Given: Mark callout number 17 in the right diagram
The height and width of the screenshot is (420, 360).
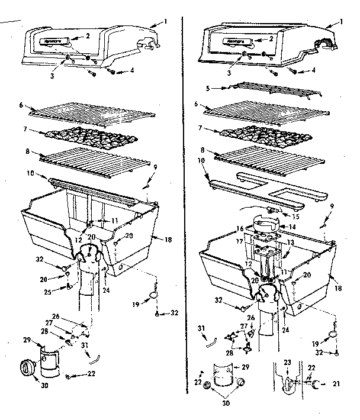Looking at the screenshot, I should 240,241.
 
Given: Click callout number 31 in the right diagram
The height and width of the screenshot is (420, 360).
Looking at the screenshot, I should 201,328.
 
